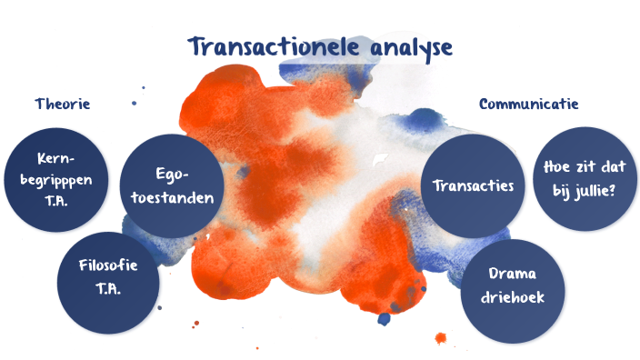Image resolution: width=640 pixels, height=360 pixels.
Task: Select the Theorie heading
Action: (63, 104)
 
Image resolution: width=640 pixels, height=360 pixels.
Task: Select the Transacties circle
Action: (474, 186)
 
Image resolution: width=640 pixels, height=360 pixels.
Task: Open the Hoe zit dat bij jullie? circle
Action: (585, 176)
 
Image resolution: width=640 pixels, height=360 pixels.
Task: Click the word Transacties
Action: (474, 186)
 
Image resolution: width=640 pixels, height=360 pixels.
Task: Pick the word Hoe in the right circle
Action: (557, 166)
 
